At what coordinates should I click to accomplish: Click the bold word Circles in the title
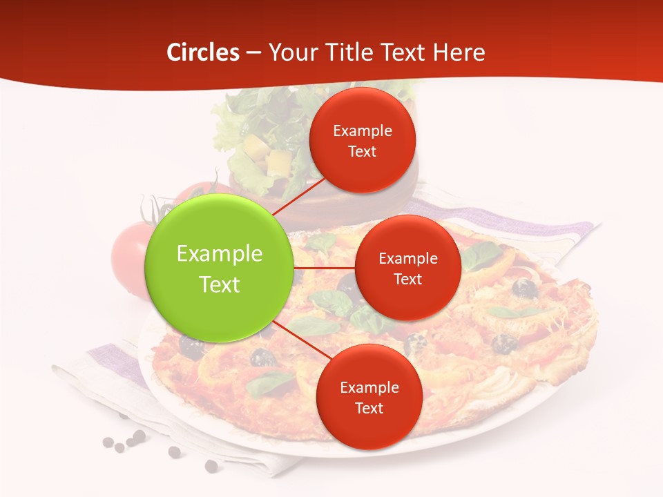coord(203,52)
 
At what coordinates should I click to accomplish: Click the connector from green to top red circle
coord(298,195)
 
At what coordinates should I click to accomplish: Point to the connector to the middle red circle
coord(324,268)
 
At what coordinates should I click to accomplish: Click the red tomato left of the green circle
coord(128,255)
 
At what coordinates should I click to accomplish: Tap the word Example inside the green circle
coord(219,254)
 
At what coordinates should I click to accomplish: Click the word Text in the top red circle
coord(362,151)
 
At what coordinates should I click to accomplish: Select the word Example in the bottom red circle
coord(369,387)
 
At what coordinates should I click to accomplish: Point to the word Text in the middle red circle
coord(407,279)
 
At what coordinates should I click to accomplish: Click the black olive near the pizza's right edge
coord(525,288)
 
